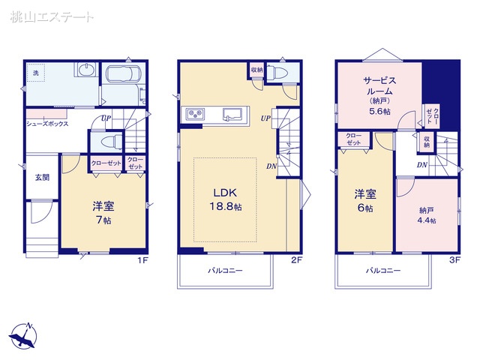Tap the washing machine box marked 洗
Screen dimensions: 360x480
point(35,72)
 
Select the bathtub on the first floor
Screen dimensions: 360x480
point(123,75)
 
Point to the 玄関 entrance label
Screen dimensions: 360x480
point(41,178)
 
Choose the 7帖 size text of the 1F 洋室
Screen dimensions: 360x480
point(103,221)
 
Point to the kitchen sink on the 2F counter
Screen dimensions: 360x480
point(231,114)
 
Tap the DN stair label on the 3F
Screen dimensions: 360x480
point(422,165)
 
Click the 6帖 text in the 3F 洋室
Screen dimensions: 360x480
point(364,208)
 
